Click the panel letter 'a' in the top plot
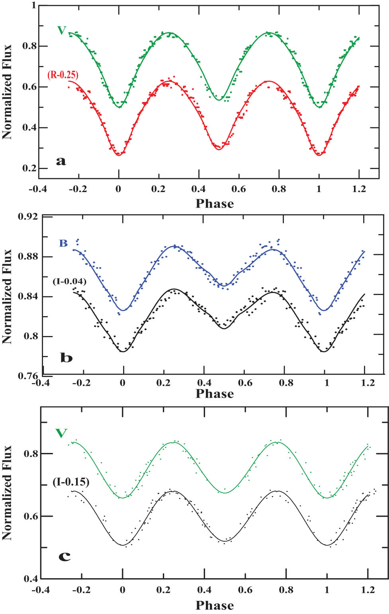[x=61, y=161]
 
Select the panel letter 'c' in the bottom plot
[x=65, y=556]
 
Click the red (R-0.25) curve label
[x=63, y=75]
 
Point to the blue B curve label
[x=63, y=243]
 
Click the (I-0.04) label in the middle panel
[x=69, y=282]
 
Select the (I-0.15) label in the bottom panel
[x=71, y=482]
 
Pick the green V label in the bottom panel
[x=61, y=433]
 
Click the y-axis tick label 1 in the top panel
[x=33, y=6]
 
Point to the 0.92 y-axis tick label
[x=28, y=217]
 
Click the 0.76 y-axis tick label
[x=28, y=376]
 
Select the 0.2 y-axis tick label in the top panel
[x=29, y=168]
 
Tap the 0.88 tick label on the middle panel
[x=28, y=256]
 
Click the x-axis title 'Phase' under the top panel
[x=215, y=204]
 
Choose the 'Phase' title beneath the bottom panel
[x=215, y=605]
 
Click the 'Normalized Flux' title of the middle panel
[x=7, y=296]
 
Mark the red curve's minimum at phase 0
[x=119, y=155]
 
